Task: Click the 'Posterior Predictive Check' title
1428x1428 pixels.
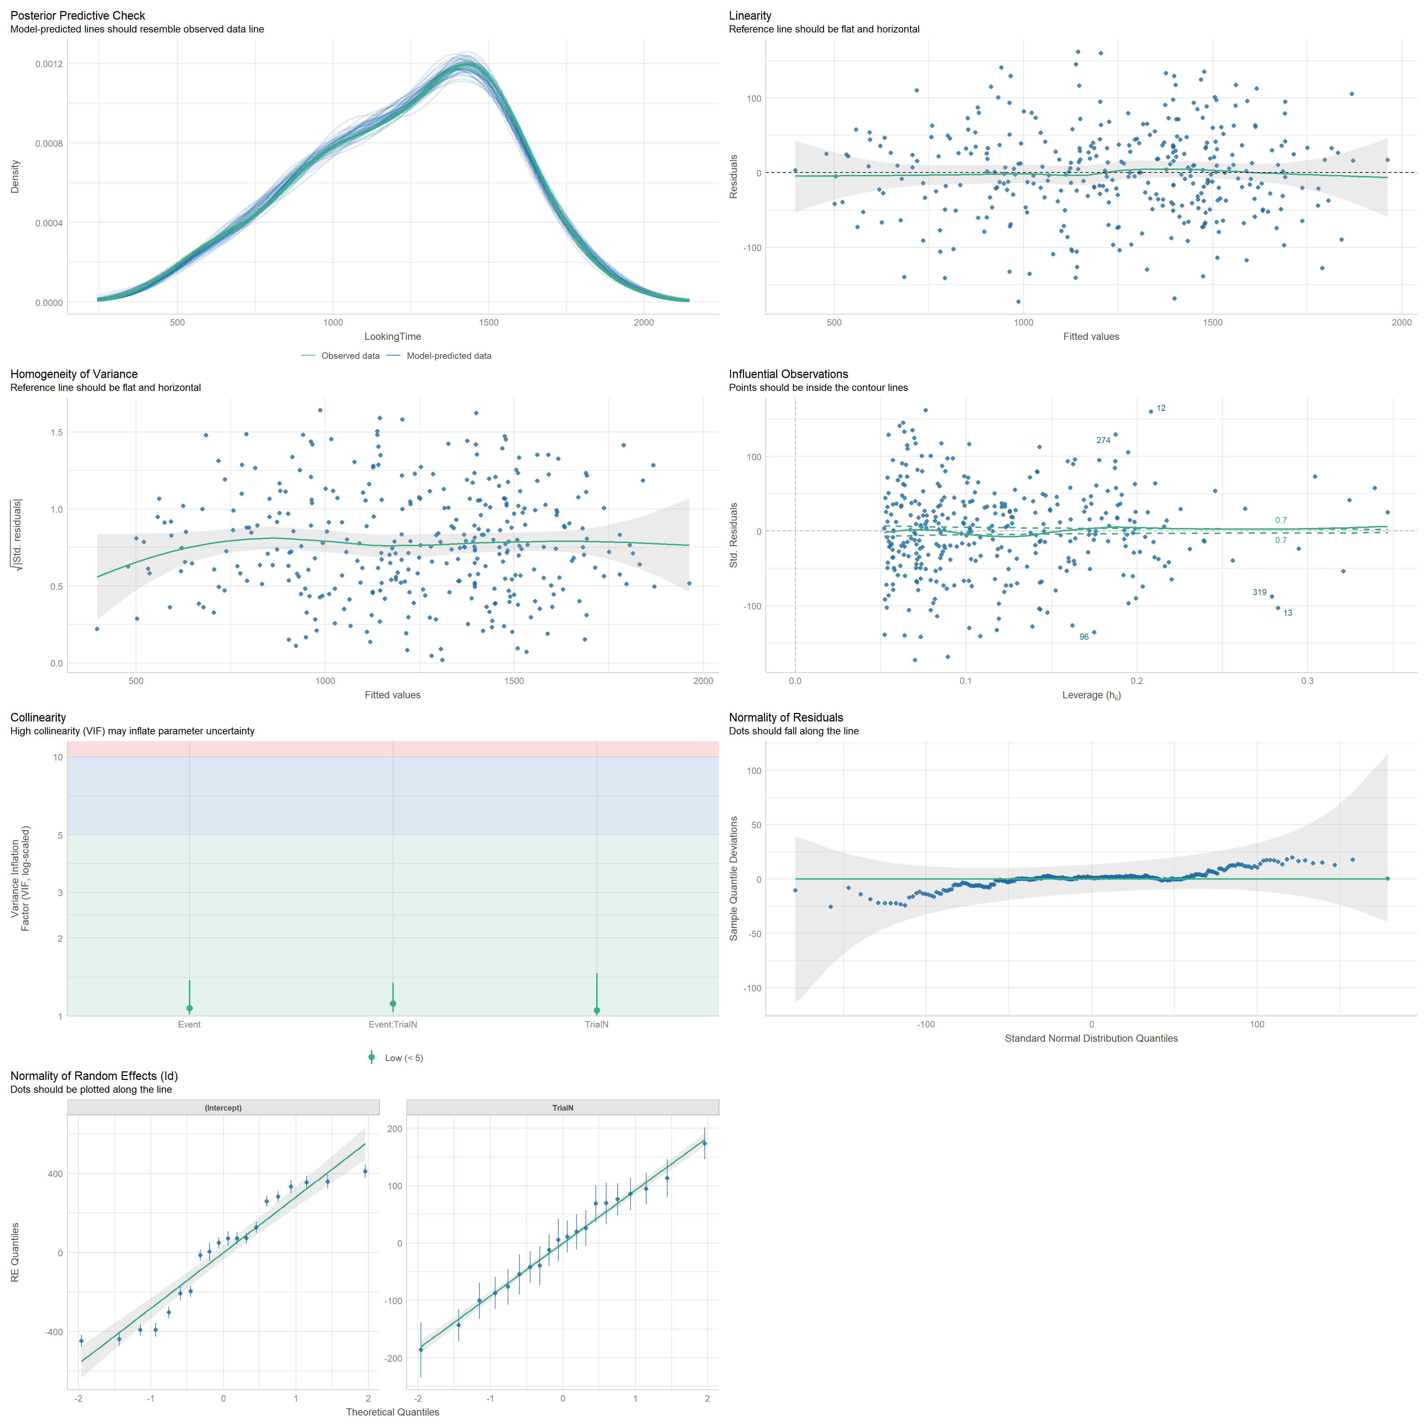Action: click(x=77, y=15)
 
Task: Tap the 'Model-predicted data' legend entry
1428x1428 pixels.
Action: click(x=448, y=356)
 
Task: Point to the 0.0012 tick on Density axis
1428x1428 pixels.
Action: click(x=49, y=64)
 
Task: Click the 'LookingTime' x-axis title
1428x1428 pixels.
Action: click(x=392, y=336)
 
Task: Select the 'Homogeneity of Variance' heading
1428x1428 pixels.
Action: click(x=74, y=374)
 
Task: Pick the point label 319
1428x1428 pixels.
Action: click(x=1259, y=592)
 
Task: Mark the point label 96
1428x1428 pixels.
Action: click(x=1083, y=637)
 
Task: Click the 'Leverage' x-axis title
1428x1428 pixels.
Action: click(x=1091, y=695)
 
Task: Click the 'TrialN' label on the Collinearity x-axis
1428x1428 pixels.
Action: click(x=597, y=1025)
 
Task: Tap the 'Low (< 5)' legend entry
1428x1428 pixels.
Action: click(x=403, y=1058)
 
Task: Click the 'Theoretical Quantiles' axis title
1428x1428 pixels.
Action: click(x=392, y=1412)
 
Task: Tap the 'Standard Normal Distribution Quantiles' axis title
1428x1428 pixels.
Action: click(x=1091, y=1039)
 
